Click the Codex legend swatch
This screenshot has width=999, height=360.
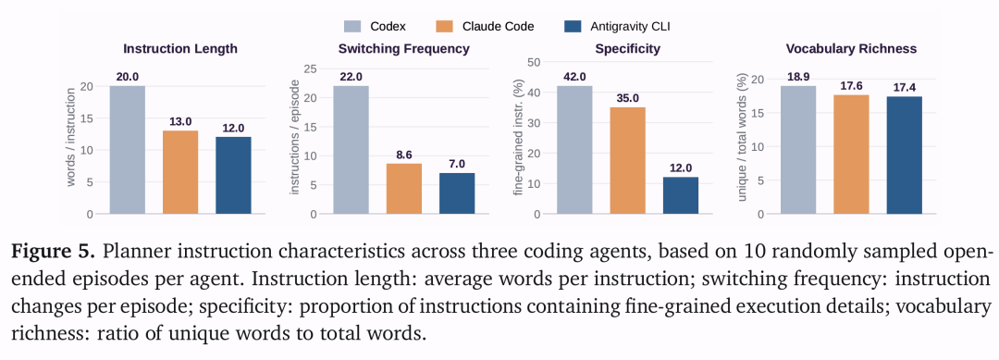[x=353, y=26]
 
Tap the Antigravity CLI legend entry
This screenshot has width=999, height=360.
[x=619, y=26]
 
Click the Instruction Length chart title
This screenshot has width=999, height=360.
[x=180, y=49]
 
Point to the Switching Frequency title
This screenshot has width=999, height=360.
[x=404, y=49]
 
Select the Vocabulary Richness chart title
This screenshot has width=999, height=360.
[x=851, y=49]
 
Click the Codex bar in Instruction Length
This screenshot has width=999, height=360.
[x=128, y=150]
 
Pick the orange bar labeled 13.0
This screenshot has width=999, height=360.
[x=180, y=172]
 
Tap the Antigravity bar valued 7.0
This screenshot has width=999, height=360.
[x=457, y=193]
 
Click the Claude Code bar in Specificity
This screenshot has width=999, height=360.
[x=627, y=161]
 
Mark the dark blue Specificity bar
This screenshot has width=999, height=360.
[x=681, y=195]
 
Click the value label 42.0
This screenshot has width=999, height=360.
[x=574, y=77]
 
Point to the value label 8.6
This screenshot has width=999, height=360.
[x=404, y=155]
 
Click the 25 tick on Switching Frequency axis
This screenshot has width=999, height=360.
[x=310, y=68]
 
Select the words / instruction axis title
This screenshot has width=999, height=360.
[x=70, y=137]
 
